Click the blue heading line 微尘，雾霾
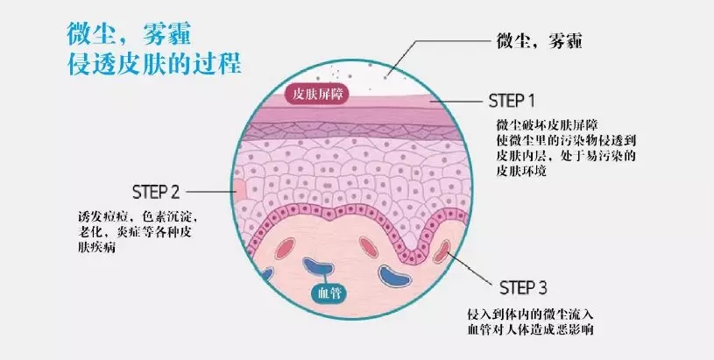tap(129, 34)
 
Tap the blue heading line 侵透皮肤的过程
tap(153, 64)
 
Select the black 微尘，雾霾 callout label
tap(539, 41)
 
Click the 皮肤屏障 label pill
tap(317, 95)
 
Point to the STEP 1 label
tap(512, 101)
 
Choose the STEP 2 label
tap(156, 192)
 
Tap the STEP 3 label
tap(523, 287)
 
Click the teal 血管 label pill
tap(329, 293)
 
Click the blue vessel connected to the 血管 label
tap(318, 267)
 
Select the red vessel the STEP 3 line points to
tap(442, 251)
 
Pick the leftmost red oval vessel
tap(285, 250)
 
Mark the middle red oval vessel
tap(368, 247)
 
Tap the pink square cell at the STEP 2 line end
tap(239, 189)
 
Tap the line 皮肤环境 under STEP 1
tap(521, 172)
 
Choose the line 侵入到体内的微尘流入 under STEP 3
tap(531, 314)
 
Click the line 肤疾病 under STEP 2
tap(96, 249)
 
